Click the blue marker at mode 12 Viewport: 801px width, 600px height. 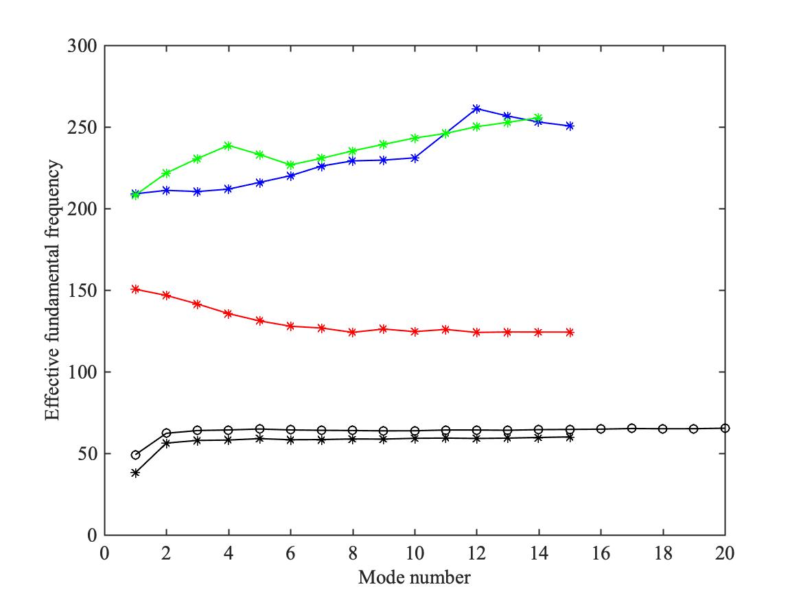tap(476, 109)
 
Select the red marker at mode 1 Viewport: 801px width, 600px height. tap(135, 289)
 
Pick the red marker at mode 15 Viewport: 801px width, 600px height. tap(570, 332)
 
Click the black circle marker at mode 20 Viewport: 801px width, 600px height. tap(725, 428)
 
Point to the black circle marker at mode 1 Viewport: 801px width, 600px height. tap(135, 455)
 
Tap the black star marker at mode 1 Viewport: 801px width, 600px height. tap(135, 472)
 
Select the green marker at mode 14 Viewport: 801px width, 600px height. tap(539, 118)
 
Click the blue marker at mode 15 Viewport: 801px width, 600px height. tap(570, 126)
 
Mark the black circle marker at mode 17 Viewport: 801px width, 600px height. tap(631, 428)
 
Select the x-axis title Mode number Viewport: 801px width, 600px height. tap(414, 577)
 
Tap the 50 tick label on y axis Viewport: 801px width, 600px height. tap(89, 454)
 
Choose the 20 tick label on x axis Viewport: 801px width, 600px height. tap(725, 553)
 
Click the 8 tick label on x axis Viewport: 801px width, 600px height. tap(353, 553)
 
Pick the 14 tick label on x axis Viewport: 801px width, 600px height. tap(539, 553)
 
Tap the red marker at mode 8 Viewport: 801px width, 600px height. tap(353, 332)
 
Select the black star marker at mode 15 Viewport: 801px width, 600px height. tap(570, 437)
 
